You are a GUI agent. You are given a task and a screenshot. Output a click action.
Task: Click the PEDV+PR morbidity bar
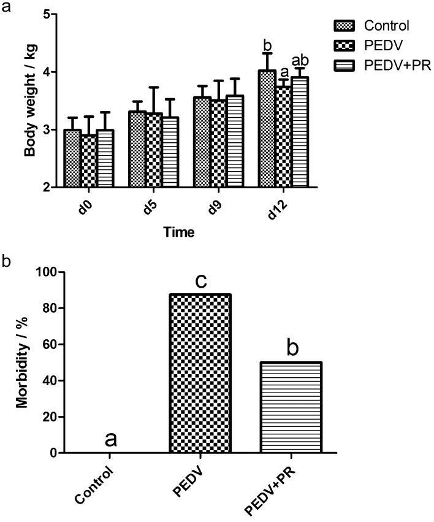tap(292, 407)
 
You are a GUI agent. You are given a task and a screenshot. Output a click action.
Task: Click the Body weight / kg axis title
tap(30, 101)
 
